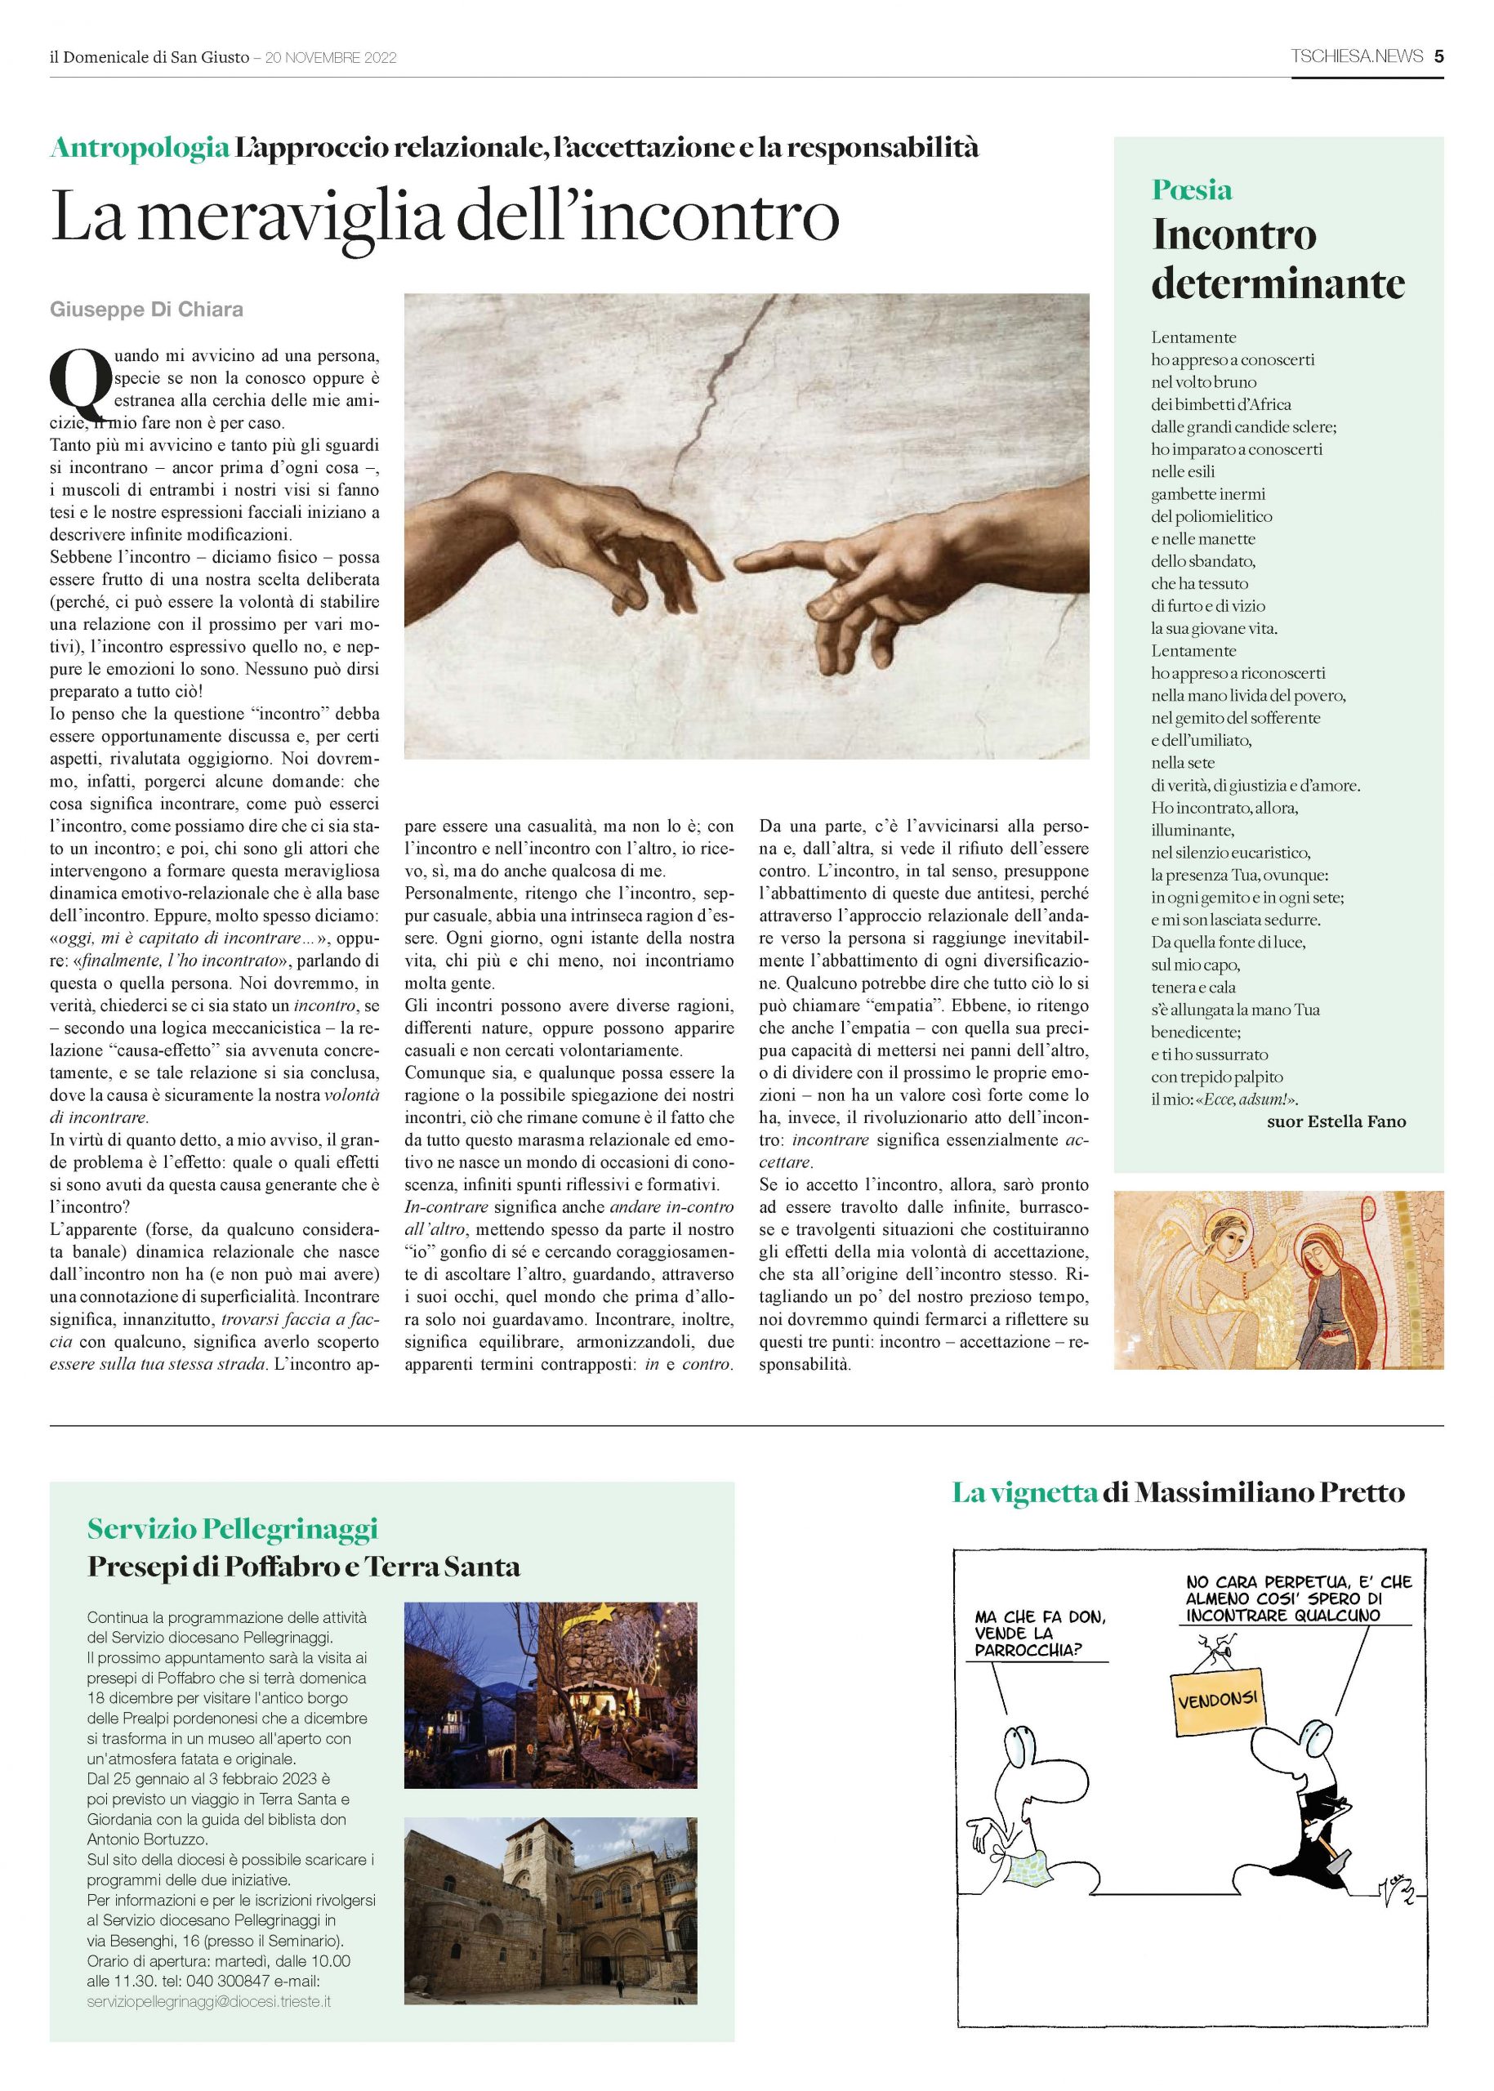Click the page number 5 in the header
1438,57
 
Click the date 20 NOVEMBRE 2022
330,58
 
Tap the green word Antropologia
140,147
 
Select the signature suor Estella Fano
1336,1121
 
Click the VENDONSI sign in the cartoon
1217,1698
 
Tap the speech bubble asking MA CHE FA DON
1040,1633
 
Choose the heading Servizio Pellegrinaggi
233,1529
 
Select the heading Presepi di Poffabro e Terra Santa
304,1566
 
